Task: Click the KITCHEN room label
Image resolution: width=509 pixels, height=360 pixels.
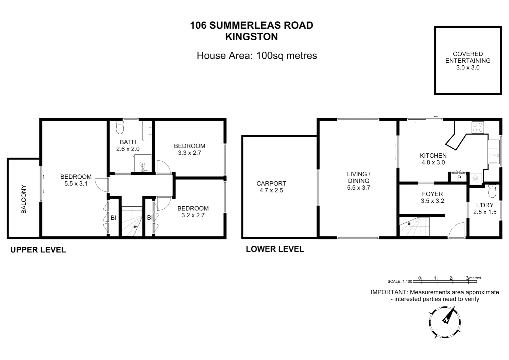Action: click(x=433, y=156)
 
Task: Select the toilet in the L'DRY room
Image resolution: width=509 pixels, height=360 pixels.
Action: click(x=492, y=191)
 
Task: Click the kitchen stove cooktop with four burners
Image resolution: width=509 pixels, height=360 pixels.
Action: click(x=477, y=128)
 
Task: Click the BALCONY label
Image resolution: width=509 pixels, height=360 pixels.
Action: click(x=24, y=199)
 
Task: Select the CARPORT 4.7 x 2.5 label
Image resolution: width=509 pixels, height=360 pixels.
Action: click(x=271, y=187)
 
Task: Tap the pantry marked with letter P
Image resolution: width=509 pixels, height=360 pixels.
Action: click(x=459, y=178)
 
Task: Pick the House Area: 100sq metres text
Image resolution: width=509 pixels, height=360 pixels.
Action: click(x=257, y=55)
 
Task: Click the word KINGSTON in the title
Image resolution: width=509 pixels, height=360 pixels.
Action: click(x=252, y=37)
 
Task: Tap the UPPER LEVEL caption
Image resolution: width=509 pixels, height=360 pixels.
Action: click(x=38, y=250)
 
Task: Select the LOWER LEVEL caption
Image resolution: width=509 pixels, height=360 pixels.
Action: click(x=275, y=249)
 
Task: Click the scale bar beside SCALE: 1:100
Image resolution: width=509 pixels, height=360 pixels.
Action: click(x=444, y=281)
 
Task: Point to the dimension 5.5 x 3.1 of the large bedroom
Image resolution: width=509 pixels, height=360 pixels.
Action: click(x=76, y=183)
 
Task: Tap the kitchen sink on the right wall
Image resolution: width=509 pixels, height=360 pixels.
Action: click(x=493, y=152)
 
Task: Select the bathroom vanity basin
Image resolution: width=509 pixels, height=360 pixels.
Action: click(x=147, y=131)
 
